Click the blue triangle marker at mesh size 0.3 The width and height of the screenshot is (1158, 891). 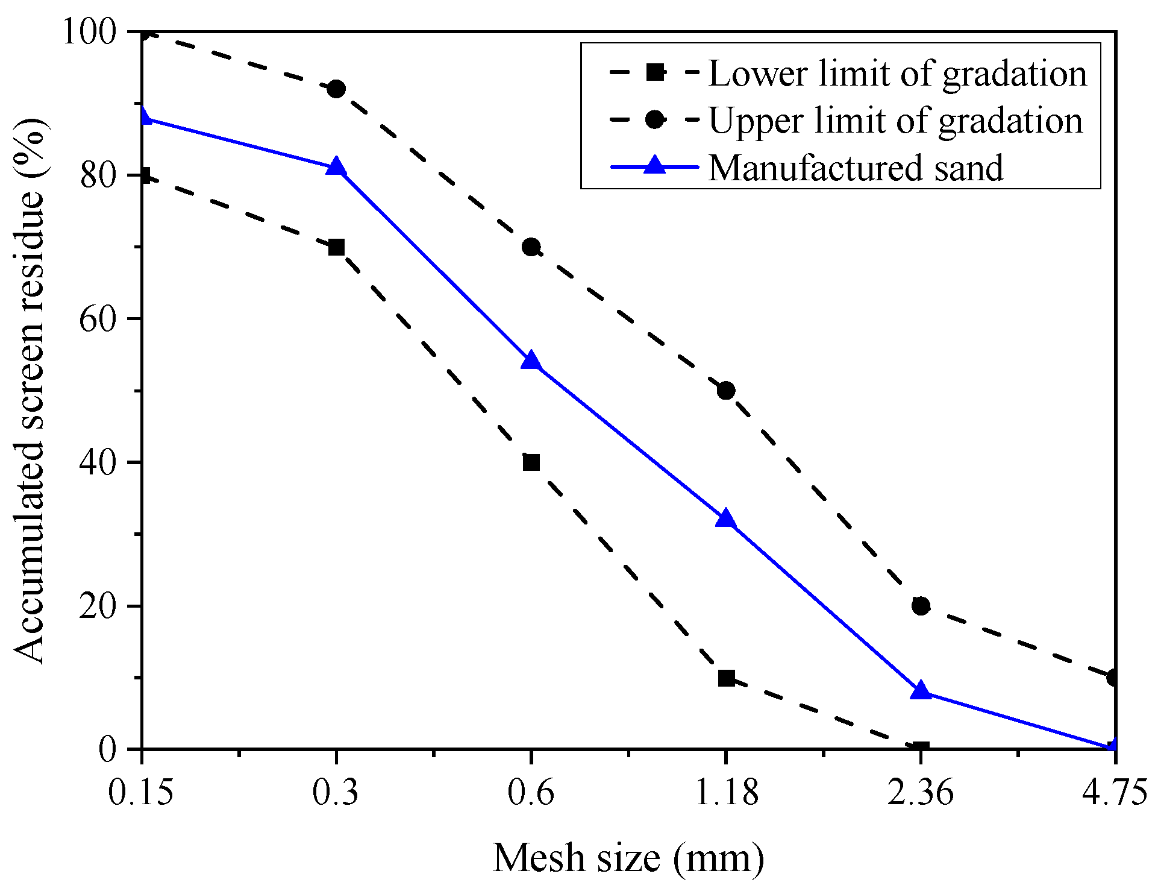(x=336, y=167)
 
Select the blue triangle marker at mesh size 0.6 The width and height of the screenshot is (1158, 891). (x=531, y=361)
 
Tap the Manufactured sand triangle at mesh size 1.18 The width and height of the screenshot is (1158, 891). (x=726, y=518)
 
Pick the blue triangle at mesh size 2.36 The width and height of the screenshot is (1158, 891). (x=921, y=691)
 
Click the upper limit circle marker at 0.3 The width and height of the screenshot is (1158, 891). (x=336, y=89)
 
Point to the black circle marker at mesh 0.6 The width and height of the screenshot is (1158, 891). (x=531, y=247)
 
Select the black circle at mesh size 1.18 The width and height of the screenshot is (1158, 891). (x=726, y=391)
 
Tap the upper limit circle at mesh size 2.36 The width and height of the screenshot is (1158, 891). (x=921, y=606)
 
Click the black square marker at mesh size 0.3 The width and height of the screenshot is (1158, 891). (x=336, y=247)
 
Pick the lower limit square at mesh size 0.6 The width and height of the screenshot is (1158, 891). (x=531, y=462)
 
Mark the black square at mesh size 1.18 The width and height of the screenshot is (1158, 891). (x=726, y=678)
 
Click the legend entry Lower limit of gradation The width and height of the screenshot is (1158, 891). (x=897, y=74)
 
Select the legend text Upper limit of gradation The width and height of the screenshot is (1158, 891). (x=895, y=121)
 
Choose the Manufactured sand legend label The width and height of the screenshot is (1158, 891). (x=856, y=168)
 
